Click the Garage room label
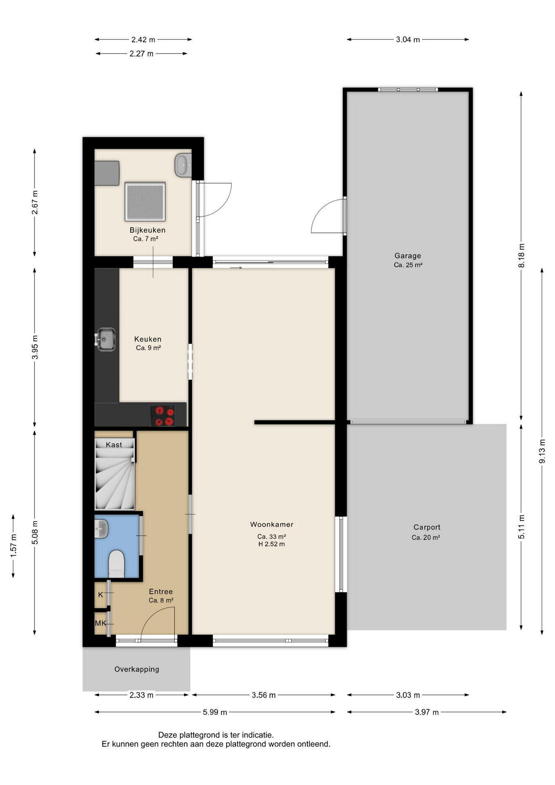407,256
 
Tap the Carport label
427,527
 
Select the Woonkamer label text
272,525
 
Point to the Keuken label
148,339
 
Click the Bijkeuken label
148,230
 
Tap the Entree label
161,592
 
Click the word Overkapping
137,669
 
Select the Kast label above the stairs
114,445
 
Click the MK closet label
101,624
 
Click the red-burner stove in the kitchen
163,416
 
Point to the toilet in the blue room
116,563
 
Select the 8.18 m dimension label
521,256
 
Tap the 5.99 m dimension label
215,712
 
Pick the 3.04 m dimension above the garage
408,40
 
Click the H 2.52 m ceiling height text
272,544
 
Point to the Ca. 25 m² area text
408,265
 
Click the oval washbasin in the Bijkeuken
184,166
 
